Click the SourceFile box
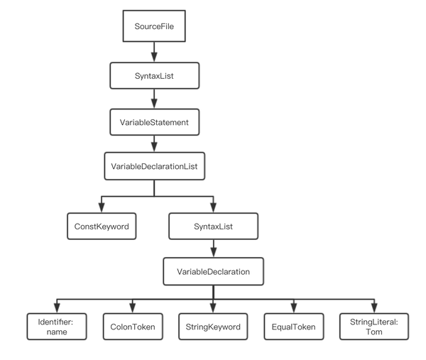pyautogui.click(x=154, y=26)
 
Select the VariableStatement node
pyautogui.click(x=154, y=122)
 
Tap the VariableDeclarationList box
pyautogui.click(x=154, y=166)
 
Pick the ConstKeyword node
pyautogui.click(x=102, y=227)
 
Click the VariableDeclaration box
pyautogui.click(x=213, y=271)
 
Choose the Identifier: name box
pyautogui.click(x=57, y=327)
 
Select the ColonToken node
pyautogui.click(x=133, y=327)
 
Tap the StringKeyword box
pyautogui.click(x=213, y=327)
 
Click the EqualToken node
pyautogui.click(x=294, y=327)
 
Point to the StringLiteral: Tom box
pyautogui.click(x=374, y=327)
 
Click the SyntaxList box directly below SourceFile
pyautogui.click(x=154, y=75)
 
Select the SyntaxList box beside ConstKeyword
pyautogui.click(x=213, y=227)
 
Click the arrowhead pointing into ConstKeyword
pyautogui.click(x=102, y=208)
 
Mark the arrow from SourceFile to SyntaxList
pyautogui.click(x=154, y=52)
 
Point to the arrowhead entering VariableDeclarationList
pyautogui.click(x=154, y=147)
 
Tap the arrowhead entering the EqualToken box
pyautogui.click(x=294, y=308)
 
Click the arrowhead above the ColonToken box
pyautogui.click(x=133, y=308)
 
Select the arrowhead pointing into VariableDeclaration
pyautogui.click(x=214, y=252)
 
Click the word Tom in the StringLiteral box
pyautogui.click(x=374, y=332)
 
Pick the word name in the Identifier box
pyautogui.click(x=57, y=332)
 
